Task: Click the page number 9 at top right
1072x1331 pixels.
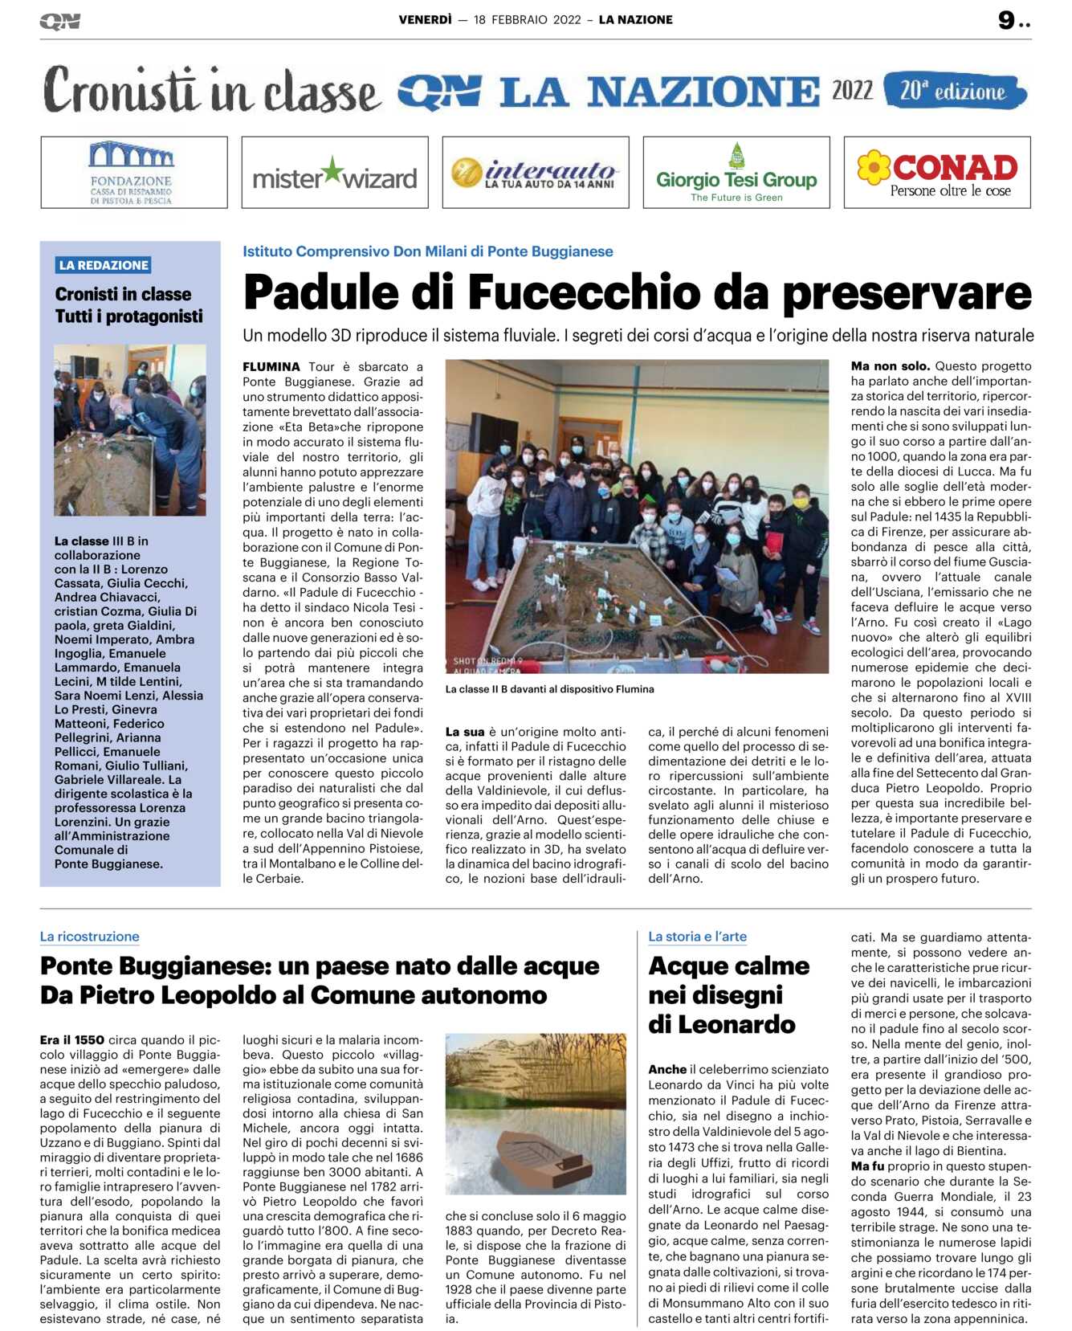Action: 1007,20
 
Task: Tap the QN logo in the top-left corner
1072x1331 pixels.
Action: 59,22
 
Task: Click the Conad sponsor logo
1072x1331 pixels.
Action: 937,173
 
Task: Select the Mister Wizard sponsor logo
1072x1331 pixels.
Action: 335,173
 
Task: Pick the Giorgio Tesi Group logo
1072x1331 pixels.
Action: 736,173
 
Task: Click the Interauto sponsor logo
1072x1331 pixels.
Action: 536,173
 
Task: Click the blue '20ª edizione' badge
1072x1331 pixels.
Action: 954,91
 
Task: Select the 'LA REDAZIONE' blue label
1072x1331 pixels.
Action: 104,265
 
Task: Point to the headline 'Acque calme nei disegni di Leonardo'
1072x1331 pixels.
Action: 728,994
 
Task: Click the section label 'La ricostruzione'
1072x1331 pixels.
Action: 90,937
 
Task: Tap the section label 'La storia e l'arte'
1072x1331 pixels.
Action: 697,937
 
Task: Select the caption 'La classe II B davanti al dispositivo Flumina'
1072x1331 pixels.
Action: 549,689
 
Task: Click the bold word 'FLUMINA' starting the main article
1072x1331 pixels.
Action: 271,367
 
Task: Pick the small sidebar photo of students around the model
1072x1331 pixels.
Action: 130,430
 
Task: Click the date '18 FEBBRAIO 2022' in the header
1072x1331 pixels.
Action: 527,20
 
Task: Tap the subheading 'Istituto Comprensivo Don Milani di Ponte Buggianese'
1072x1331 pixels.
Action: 427,251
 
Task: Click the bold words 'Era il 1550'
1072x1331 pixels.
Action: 72,1040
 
